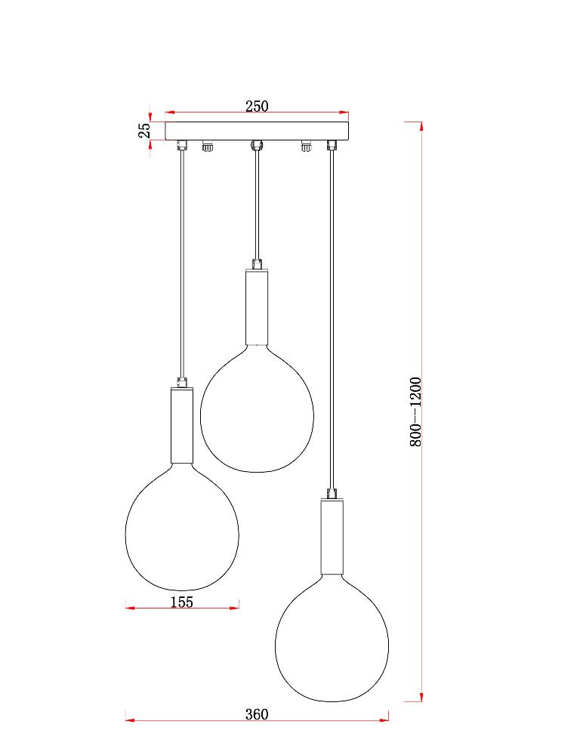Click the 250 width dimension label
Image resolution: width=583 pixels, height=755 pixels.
click(257, 106)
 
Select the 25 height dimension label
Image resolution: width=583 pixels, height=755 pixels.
click(144, 130)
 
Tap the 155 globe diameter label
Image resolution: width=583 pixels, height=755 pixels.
click(182, 602)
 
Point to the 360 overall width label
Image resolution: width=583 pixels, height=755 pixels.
click(257, 714)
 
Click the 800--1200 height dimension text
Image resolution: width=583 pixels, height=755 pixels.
click(415, 411)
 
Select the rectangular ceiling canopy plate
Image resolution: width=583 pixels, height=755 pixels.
click(257, 131)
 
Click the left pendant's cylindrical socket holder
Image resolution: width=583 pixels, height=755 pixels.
click(182, 424)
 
